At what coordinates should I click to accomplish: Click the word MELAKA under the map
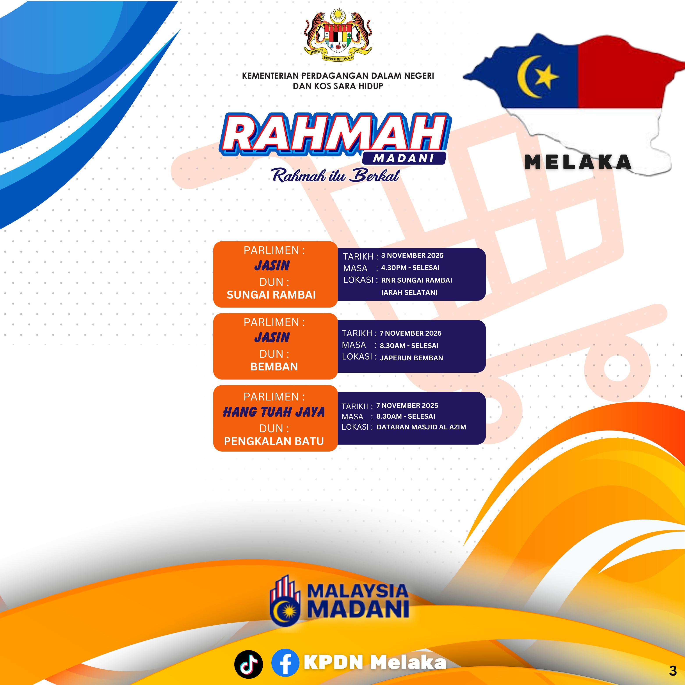pos(578,162)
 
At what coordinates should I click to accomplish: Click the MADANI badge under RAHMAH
pos(404,158)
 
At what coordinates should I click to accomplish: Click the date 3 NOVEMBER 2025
pos(412,256)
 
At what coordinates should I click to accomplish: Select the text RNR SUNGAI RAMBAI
pos(417,280)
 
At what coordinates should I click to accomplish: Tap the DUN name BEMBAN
pos(274,367)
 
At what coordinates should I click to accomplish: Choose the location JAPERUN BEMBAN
pos(411,358)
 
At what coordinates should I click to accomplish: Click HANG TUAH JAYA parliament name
pos(274,412)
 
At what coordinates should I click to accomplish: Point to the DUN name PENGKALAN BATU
pos(274,441)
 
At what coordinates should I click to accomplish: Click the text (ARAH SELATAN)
pos(409,292)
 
